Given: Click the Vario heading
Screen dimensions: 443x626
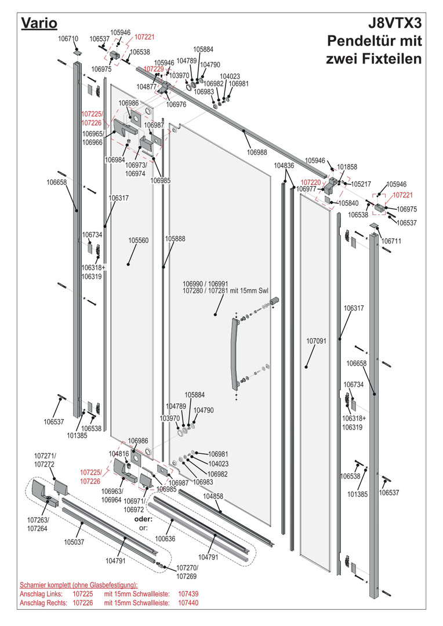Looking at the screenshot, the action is [39, 23].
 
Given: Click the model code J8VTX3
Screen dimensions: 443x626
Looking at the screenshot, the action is [394, 23].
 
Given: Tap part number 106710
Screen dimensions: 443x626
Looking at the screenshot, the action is [68, 39].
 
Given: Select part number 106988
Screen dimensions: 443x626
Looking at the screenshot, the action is [257, 152].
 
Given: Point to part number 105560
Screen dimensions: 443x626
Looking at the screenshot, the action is [138, 241].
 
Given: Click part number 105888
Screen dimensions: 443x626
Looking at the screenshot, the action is [175, 239].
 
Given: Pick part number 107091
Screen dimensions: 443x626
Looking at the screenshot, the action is [317, 341].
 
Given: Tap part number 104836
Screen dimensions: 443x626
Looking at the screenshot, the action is [284, 165].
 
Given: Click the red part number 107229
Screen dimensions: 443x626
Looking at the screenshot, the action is [154, 69].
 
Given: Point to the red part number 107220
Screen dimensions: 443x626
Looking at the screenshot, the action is [311, 183].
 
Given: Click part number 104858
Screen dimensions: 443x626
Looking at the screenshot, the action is [213, 496].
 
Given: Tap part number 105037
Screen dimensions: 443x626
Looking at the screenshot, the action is [74, 542].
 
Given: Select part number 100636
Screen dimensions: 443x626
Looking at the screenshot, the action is [165, 538].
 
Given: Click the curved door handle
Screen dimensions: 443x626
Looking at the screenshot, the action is [234, 354].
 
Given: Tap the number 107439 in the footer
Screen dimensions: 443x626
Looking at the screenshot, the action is [188, 594].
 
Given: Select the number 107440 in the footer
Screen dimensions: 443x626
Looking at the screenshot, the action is [188, 603].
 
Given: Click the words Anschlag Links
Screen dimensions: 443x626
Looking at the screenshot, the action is [41, 594].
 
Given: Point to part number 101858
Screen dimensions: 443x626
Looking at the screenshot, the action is [347, 167].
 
